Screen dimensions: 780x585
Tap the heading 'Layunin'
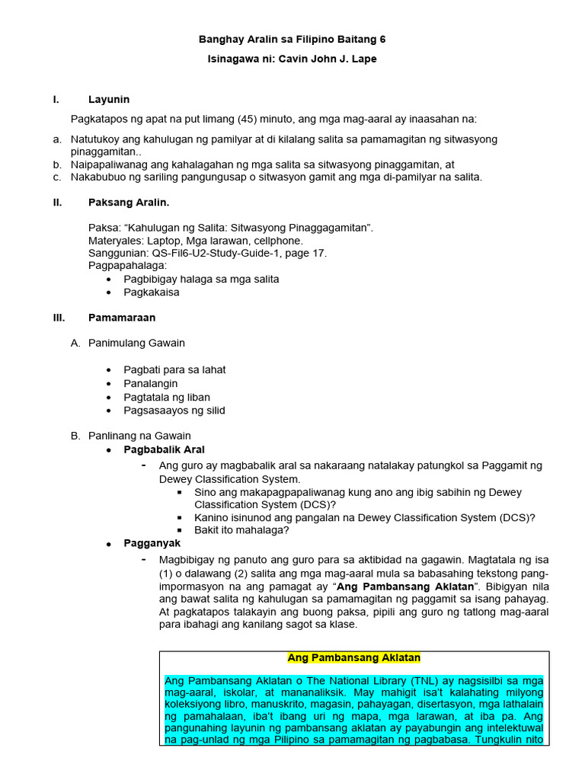tap(109, 99)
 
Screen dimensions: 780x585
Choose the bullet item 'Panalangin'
tap(152, 383)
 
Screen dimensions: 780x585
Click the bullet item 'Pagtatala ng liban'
tap(167, 397)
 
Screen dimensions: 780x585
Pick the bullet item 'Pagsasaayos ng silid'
tap(174, 411)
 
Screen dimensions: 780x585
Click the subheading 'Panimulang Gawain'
tap(136, 343)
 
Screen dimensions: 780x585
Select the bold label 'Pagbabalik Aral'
tap(164, 449)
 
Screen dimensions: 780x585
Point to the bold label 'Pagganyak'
tap(152, 543)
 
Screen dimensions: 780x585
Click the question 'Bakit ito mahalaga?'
tap(241, 530)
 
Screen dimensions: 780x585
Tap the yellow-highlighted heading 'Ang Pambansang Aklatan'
tap(353, 657)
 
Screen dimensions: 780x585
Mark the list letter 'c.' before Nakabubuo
tap(57, 177)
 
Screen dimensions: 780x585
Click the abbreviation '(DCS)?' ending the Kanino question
tap(518, 517)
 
